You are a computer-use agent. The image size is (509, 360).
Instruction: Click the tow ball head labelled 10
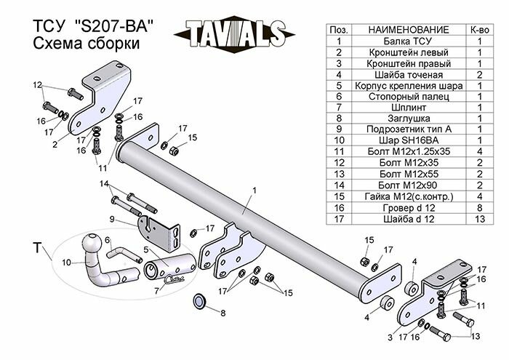tap(95, 244)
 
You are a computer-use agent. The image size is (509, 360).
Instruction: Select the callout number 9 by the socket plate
tap(113, 219)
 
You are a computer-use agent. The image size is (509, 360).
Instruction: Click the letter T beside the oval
tap(36, 248)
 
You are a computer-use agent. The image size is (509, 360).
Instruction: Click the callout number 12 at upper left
tap(37, 85)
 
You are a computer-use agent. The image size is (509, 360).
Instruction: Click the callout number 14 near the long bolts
tap(104, 183)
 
